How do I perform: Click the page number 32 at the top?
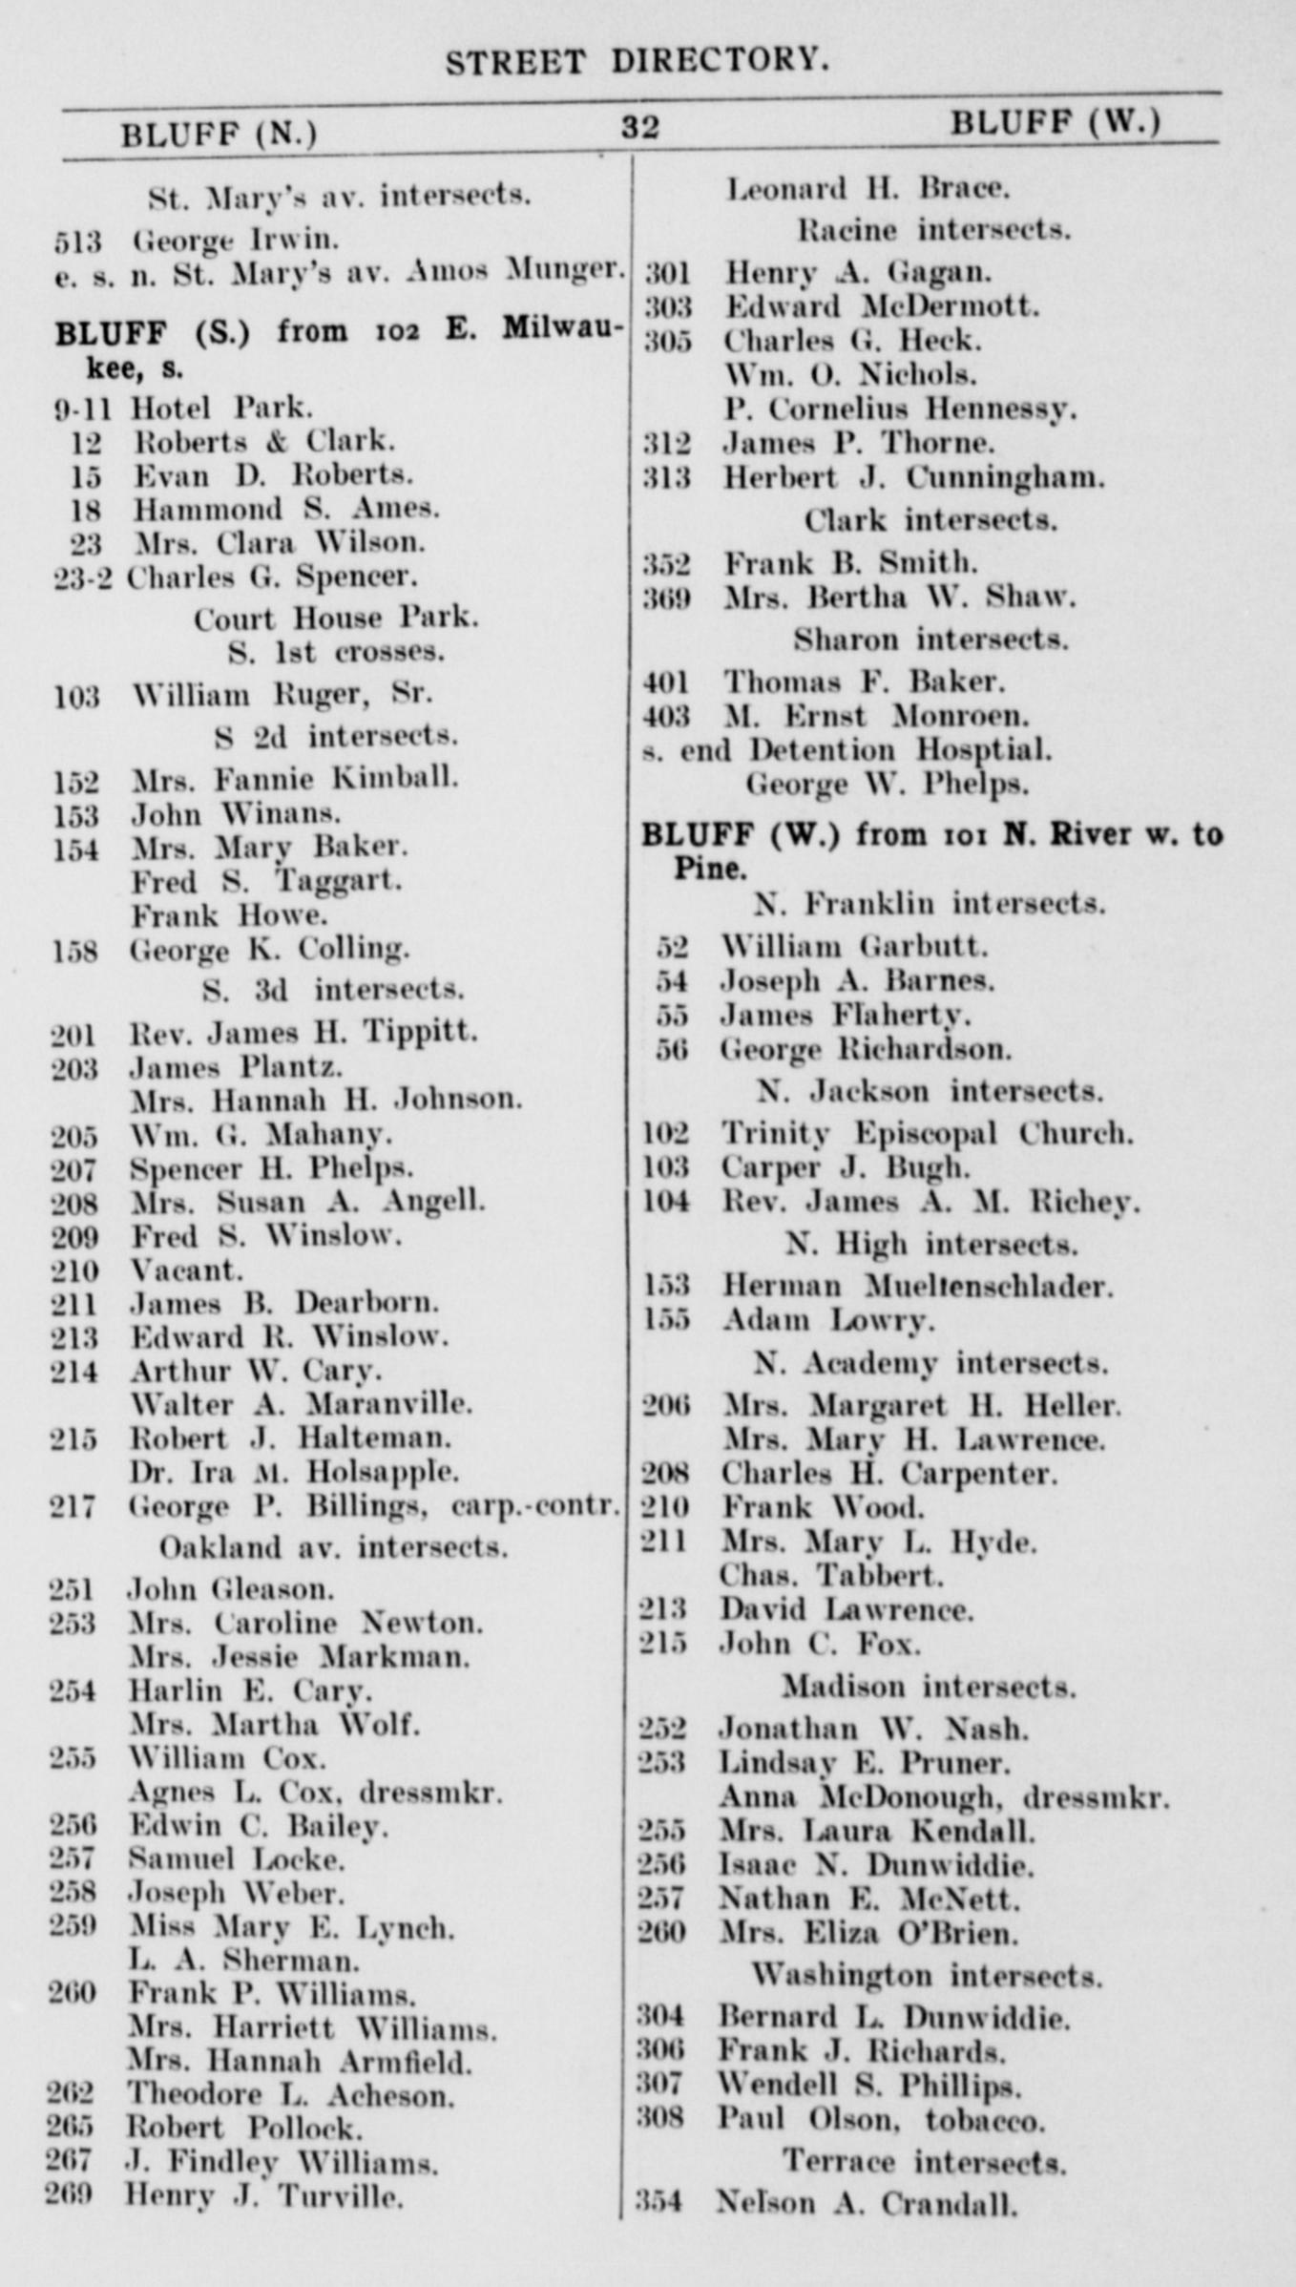click(x=639, y=128)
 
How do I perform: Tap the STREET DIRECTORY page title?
click(x=637, y=62)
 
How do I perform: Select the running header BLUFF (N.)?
click(x=219, y=135)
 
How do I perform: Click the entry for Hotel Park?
click(x=220, y=409)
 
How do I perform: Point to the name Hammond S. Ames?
click(x=285, y=509)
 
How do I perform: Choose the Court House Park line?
click(x=336, y=619)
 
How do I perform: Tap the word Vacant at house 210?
click(x=186, y=1270)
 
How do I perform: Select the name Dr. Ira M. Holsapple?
click(x=294, y=1472)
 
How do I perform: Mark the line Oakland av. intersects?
click(x=333, y=1546)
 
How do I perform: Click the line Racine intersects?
click(x=932, y=230)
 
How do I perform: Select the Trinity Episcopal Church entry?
click(x=927, y=1134)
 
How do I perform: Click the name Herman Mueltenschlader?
click(x=917, y=1286)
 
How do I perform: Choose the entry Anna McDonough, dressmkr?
click(x=944, y=1796)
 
